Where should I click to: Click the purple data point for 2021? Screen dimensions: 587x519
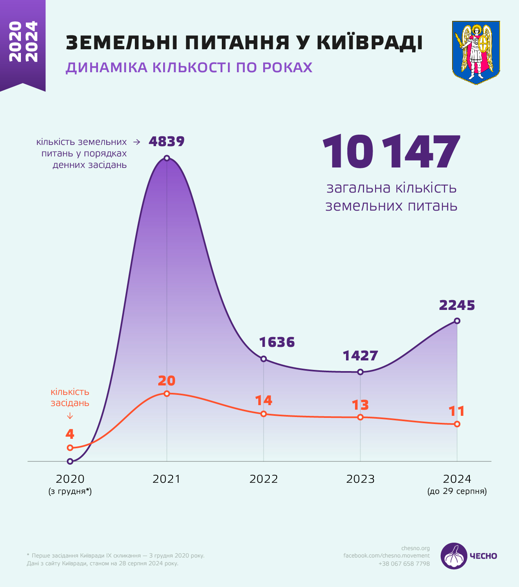click(167, 158)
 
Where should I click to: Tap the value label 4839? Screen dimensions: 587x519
click(166, 142)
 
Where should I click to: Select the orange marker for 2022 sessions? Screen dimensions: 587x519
click(264, 414)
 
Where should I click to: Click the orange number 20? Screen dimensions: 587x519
click(166, 381)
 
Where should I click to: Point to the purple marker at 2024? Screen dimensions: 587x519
click(457, 321)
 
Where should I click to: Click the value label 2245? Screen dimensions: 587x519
click(457, 305)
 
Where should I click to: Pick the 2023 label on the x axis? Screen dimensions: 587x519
click(360, 479)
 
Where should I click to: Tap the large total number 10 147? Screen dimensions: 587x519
click(391, 152)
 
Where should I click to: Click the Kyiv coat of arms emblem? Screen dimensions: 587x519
click(476, 53)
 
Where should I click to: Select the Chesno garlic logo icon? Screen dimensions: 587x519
click(454, 556)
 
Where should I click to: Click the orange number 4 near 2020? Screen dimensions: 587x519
click(70, 434)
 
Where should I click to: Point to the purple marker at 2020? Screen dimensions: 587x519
click(70, 461)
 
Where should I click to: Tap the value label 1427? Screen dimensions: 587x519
click(360, 355)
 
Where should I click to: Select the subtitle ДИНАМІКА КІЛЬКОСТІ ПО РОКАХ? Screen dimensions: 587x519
click(189, 67)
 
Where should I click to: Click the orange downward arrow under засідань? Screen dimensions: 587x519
click(70, 416)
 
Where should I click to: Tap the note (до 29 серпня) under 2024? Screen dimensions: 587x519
click(457, 491)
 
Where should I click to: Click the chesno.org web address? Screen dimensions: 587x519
click(415, 548)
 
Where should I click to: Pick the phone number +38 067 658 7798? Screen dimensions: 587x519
click(404, 564)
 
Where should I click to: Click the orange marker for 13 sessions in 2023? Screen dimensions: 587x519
click(360, 417)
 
